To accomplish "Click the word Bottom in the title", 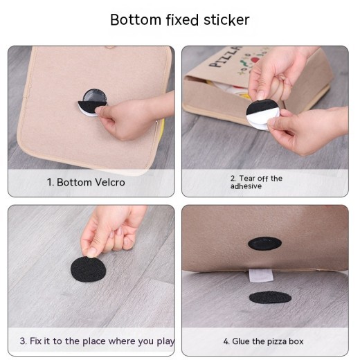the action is tap(136, 20).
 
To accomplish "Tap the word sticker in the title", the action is tap(226, 20).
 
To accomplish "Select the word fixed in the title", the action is tap(182, 20).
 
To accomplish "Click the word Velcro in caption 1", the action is tap(110, 182).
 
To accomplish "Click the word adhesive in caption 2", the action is tap(246, 186).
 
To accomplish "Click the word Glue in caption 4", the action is tap(241, 341).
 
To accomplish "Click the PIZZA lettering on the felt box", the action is tap(225, 57).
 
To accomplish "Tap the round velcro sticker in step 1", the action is tap(93, 102).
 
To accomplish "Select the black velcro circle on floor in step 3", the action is tap(88, 269).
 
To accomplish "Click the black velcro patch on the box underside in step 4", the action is tap(264, 243).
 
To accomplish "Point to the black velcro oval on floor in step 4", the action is tap(270, 297).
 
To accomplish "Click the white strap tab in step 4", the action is tap(261, 276).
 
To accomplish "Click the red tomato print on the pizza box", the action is tap(255, 60).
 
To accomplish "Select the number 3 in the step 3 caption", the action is tap(22, 341).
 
